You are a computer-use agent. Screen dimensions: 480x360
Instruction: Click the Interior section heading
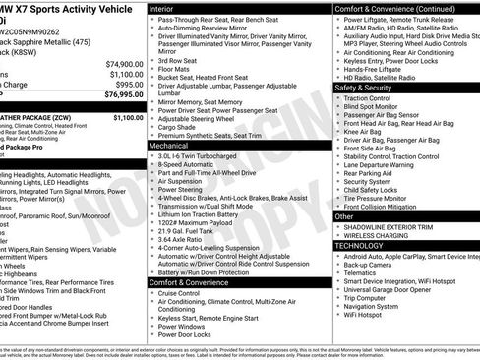(167, 8)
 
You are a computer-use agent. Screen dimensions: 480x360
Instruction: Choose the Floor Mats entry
(178, 70)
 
